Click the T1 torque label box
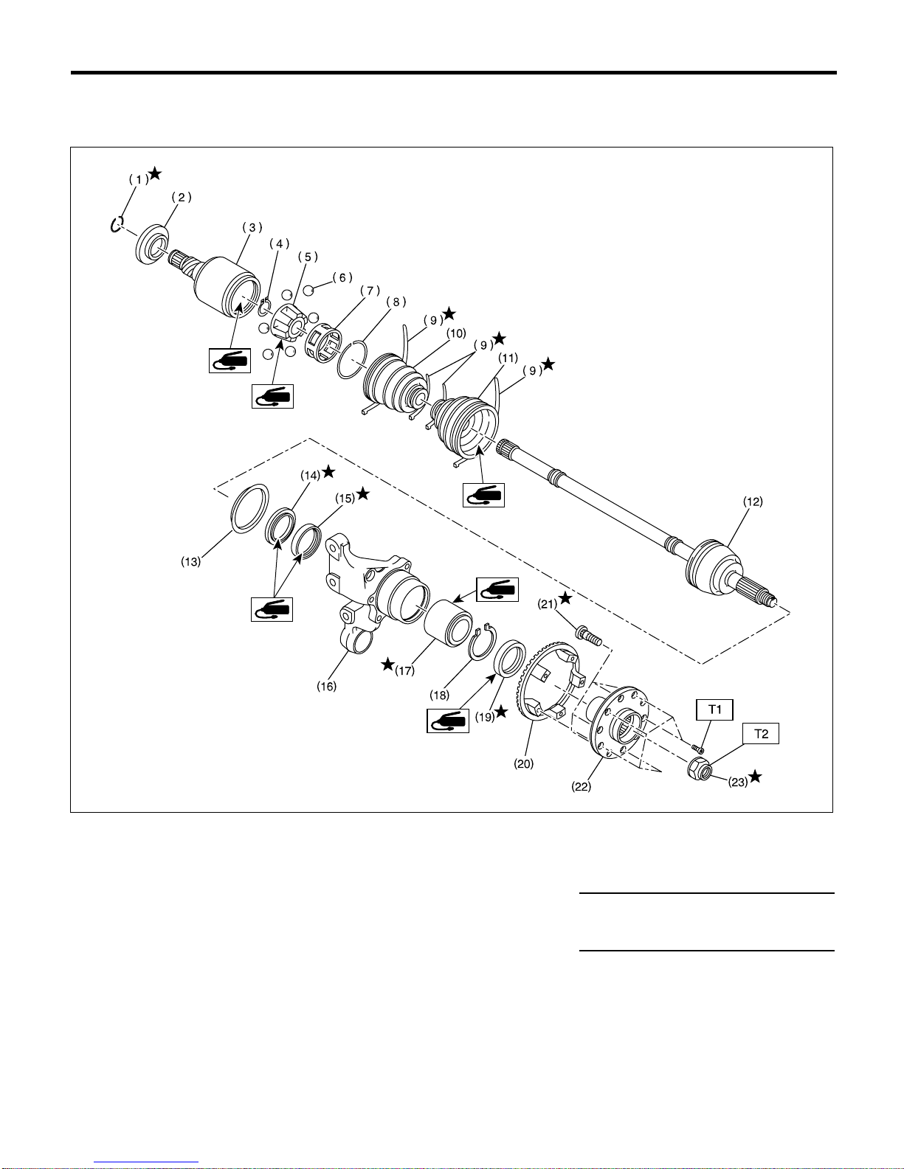point(714,710)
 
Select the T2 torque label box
point(761,734)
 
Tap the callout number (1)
point(139,180)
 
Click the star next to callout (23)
point(756,777)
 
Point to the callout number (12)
point(753,502)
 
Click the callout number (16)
point(327,686)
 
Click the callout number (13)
point(190,562)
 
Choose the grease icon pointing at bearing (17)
point(497,589)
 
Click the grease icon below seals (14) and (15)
point(272,609)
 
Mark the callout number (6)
point(342,277)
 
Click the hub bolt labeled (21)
point(588,635)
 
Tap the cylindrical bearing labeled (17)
point(448,623)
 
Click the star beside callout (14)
point(328,472)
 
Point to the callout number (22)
point(582,786)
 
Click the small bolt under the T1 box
point(698,749)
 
